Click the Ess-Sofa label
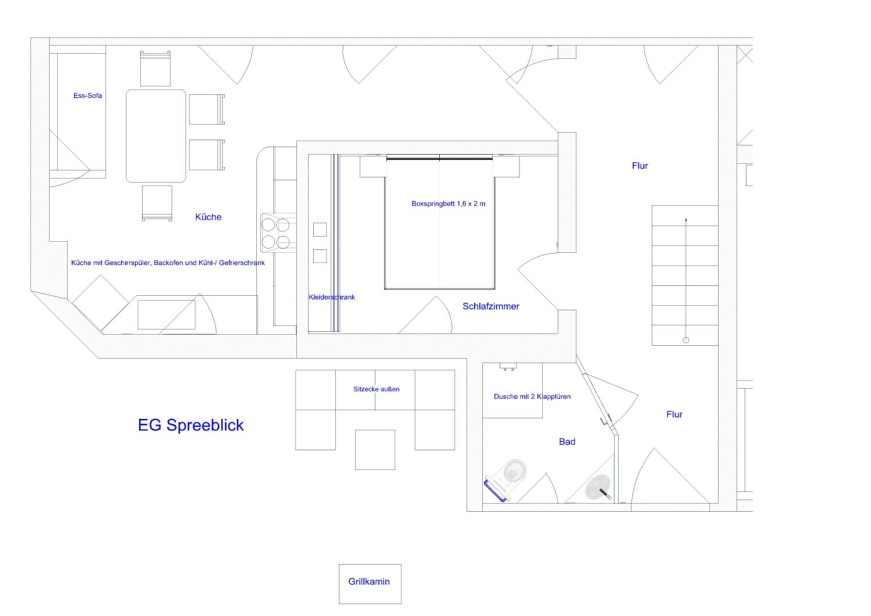[88, 96]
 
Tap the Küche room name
[208, 217]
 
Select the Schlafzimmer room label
[490, 307]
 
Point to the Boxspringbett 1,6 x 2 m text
[448, 204]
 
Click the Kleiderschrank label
[332, 297]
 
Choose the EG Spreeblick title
[190, 425]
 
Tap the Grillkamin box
[370, 584]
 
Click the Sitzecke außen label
[376, 389]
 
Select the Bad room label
[567, 442]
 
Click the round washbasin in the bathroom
[598, 487]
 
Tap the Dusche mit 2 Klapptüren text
[532, 396]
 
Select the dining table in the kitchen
[156, 136]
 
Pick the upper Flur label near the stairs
[640, 166]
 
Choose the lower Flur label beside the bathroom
[674, 414]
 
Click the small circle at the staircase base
[686, 340]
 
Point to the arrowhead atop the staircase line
[686, 220]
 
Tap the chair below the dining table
[157, 203]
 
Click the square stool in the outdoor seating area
[375, 449]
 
